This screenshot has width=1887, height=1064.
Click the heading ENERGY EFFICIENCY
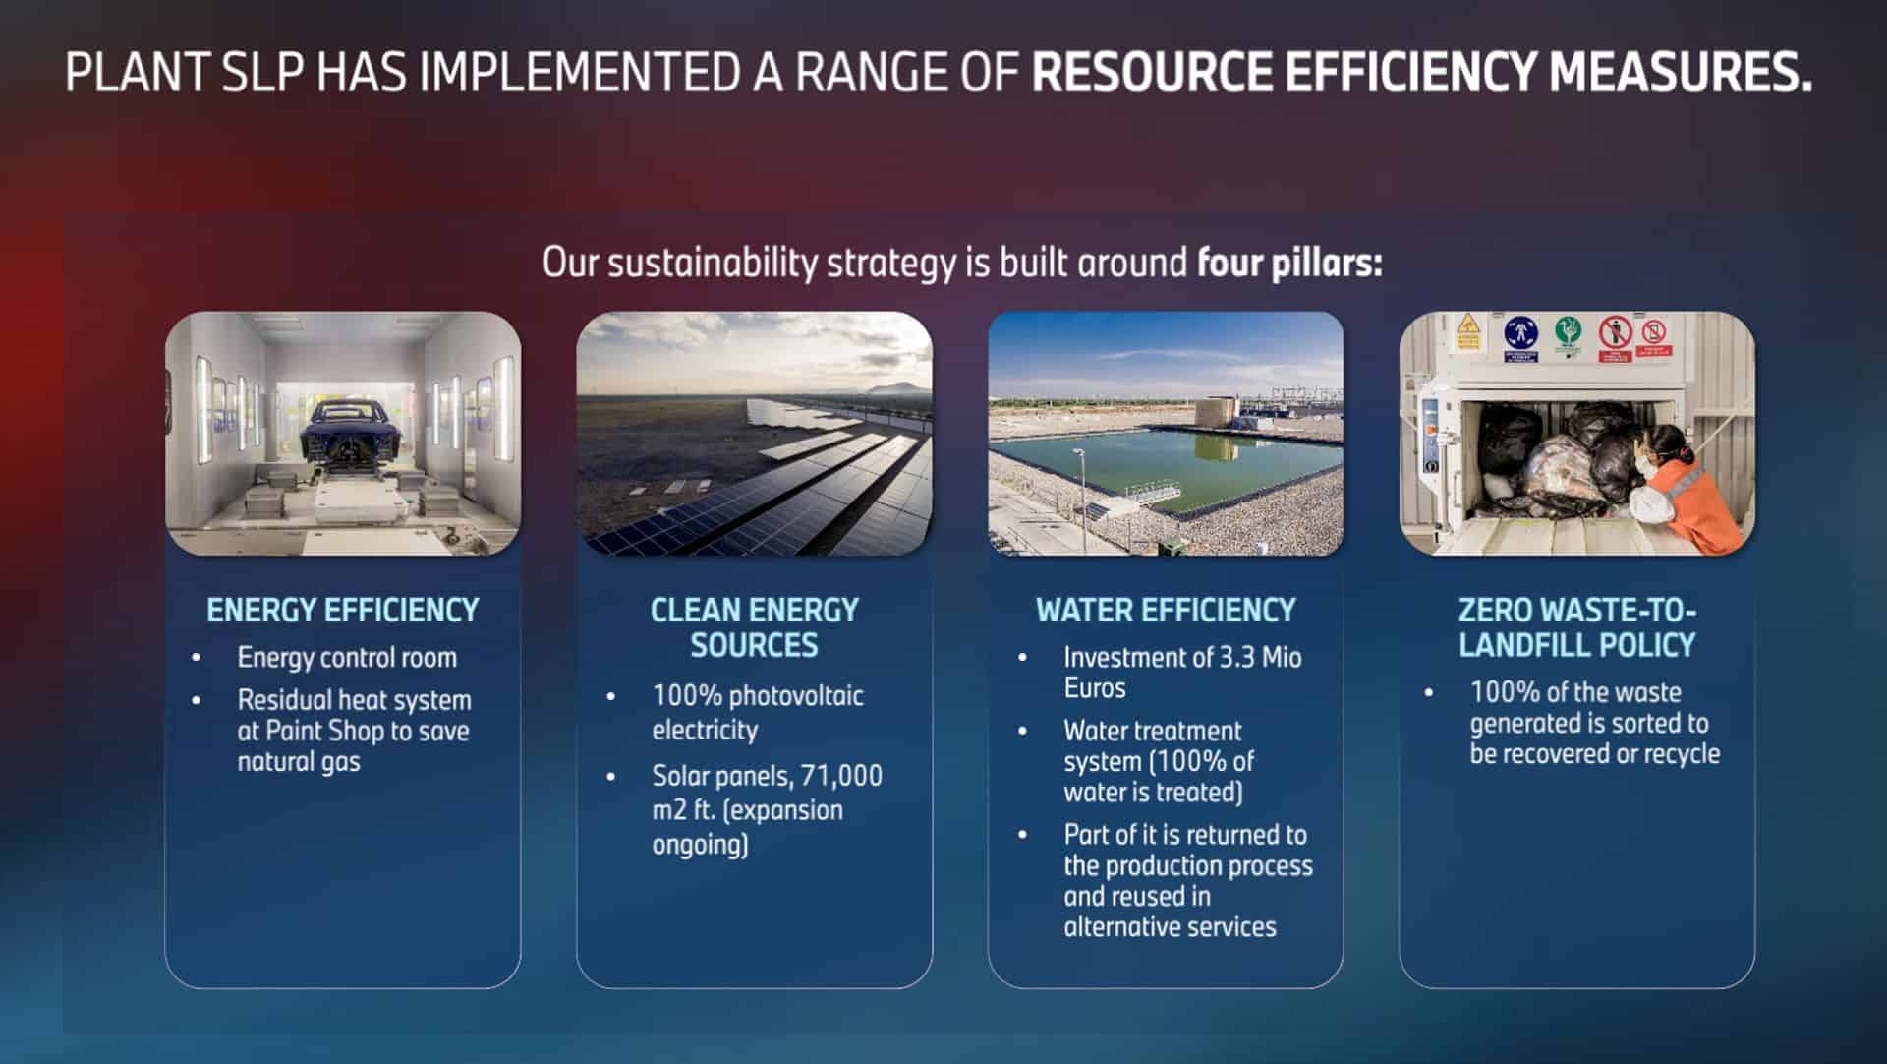click(342, 610)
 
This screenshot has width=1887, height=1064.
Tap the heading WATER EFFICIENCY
click(1166, 610)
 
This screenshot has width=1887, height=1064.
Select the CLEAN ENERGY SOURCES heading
click(754, 627)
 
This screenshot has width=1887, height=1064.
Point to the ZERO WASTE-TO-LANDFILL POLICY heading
click(1576, 627)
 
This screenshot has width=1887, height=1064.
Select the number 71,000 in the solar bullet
click(841, 776)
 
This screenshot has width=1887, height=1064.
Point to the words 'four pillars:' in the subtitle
click(1289, 264)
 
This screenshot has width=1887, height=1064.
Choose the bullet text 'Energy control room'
click(347, 657)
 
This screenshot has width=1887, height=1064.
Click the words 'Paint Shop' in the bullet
click(325, 731)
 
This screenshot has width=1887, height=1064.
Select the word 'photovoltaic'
click(796, 696)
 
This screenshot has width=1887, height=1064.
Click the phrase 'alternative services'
click(1170, 926)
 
